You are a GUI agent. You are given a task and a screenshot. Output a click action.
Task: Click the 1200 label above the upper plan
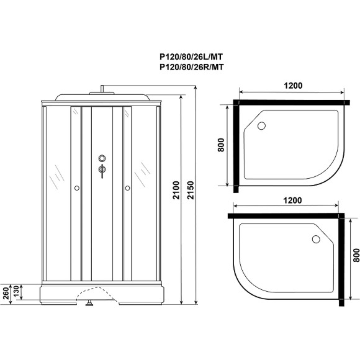coord(291,86)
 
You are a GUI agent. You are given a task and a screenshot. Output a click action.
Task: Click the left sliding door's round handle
coord(76,187)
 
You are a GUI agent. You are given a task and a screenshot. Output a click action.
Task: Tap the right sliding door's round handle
coord(128,187)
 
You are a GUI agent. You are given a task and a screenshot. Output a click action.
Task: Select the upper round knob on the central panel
coord(102,158)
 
